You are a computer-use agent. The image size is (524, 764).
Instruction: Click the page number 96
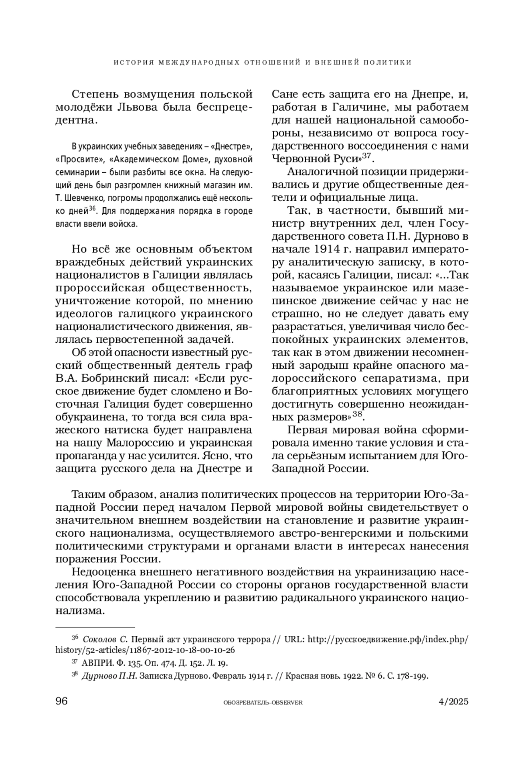tap(62, 701)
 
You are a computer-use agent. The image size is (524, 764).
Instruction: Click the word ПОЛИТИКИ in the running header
tap(391, 62)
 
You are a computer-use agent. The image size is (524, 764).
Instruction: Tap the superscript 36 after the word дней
tap(92, 209)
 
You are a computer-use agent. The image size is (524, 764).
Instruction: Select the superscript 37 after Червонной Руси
tap(366, 156)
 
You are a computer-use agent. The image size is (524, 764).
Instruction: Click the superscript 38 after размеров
tap(357, 413)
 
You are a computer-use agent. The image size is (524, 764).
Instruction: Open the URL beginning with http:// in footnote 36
tap(388, 640)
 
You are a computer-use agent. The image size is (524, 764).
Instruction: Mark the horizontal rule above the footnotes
tap(95, 627)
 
